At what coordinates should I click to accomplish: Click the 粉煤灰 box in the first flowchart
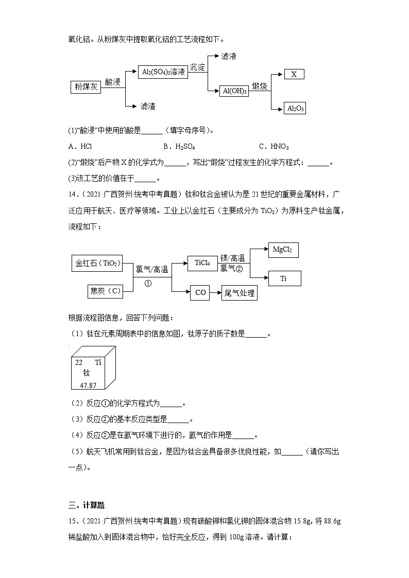(86, 87)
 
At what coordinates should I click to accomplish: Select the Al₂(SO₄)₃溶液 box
(163, 72)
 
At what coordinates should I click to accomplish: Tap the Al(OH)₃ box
(234, 91)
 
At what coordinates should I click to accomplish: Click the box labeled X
(294, 74)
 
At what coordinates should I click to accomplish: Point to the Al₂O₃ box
(295, 108)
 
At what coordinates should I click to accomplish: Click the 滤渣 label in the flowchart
(148, 106)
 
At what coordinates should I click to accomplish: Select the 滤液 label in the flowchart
(228, 56)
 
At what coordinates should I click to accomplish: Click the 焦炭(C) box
(105, 291)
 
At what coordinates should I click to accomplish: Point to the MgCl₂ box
(283, 250)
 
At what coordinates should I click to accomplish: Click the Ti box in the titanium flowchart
(283, 278)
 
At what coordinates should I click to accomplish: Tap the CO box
(200, 292)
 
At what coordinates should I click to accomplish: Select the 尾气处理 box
(239, 293)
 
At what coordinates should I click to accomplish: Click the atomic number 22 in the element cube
(79, 362)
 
